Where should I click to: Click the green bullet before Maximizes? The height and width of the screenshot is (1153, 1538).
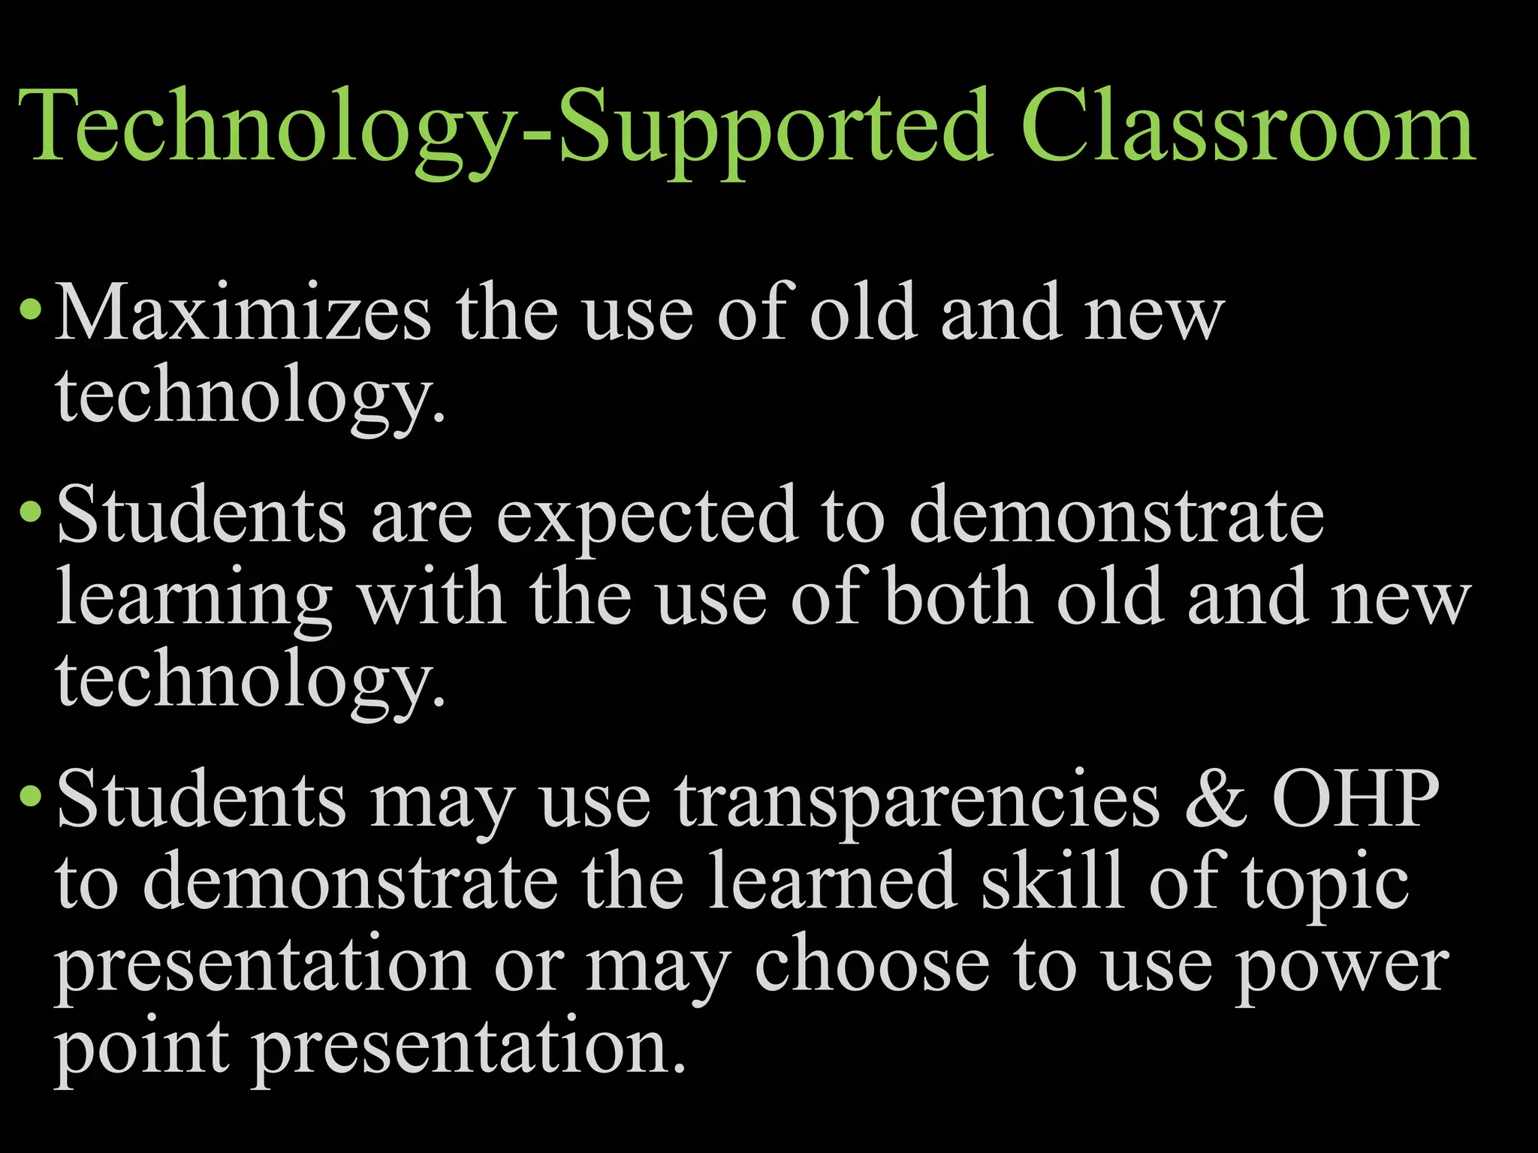coord(31,309)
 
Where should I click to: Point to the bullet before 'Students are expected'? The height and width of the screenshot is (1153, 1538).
coord(31,512)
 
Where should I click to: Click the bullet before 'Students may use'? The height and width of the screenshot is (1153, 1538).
coord(31,796)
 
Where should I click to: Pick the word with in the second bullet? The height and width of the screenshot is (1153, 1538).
coord(432,597)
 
